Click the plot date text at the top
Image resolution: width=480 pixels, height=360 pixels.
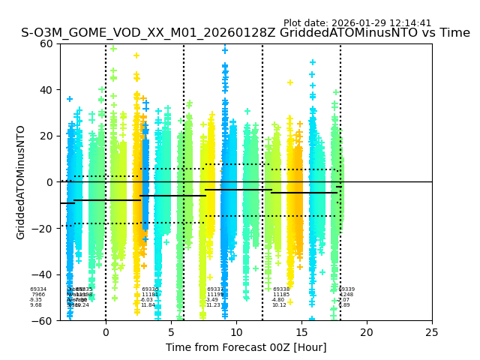pyautogui.click(x=357, y=23)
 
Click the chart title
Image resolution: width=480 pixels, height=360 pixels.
pyautogui.click(x=245, y=33)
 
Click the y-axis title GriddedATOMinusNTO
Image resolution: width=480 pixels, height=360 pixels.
pyautogui.click(x=21, y=182)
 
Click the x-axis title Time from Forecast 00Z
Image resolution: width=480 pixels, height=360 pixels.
pyautogui.click(x=246, y=347)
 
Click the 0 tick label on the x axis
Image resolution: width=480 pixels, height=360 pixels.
pyautogui.click(x=106, y=331)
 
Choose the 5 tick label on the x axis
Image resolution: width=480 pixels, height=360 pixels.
pyautogui.click(x=171, y=331)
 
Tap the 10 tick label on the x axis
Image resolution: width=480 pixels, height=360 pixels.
pyautogui.click(x=236, y=331)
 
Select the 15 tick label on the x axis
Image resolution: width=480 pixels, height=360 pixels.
pyautogui.click(x=301, y=331)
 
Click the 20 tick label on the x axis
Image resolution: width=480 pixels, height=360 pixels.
pyautogui.click(x=367, y=331)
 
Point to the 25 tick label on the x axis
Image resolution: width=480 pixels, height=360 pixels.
pyautogui.click(x=432, y=331)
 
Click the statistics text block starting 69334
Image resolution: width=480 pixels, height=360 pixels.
pyautogui.click(x=37, y=297)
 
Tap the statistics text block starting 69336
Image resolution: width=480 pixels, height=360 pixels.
pyautogui.click(x=149, y=297)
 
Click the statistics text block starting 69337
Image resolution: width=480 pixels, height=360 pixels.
pyautogui.click(x=214, y=297)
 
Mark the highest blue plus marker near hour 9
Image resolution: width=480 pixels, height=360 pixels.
pyautogui.click(x=224, y=50)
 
